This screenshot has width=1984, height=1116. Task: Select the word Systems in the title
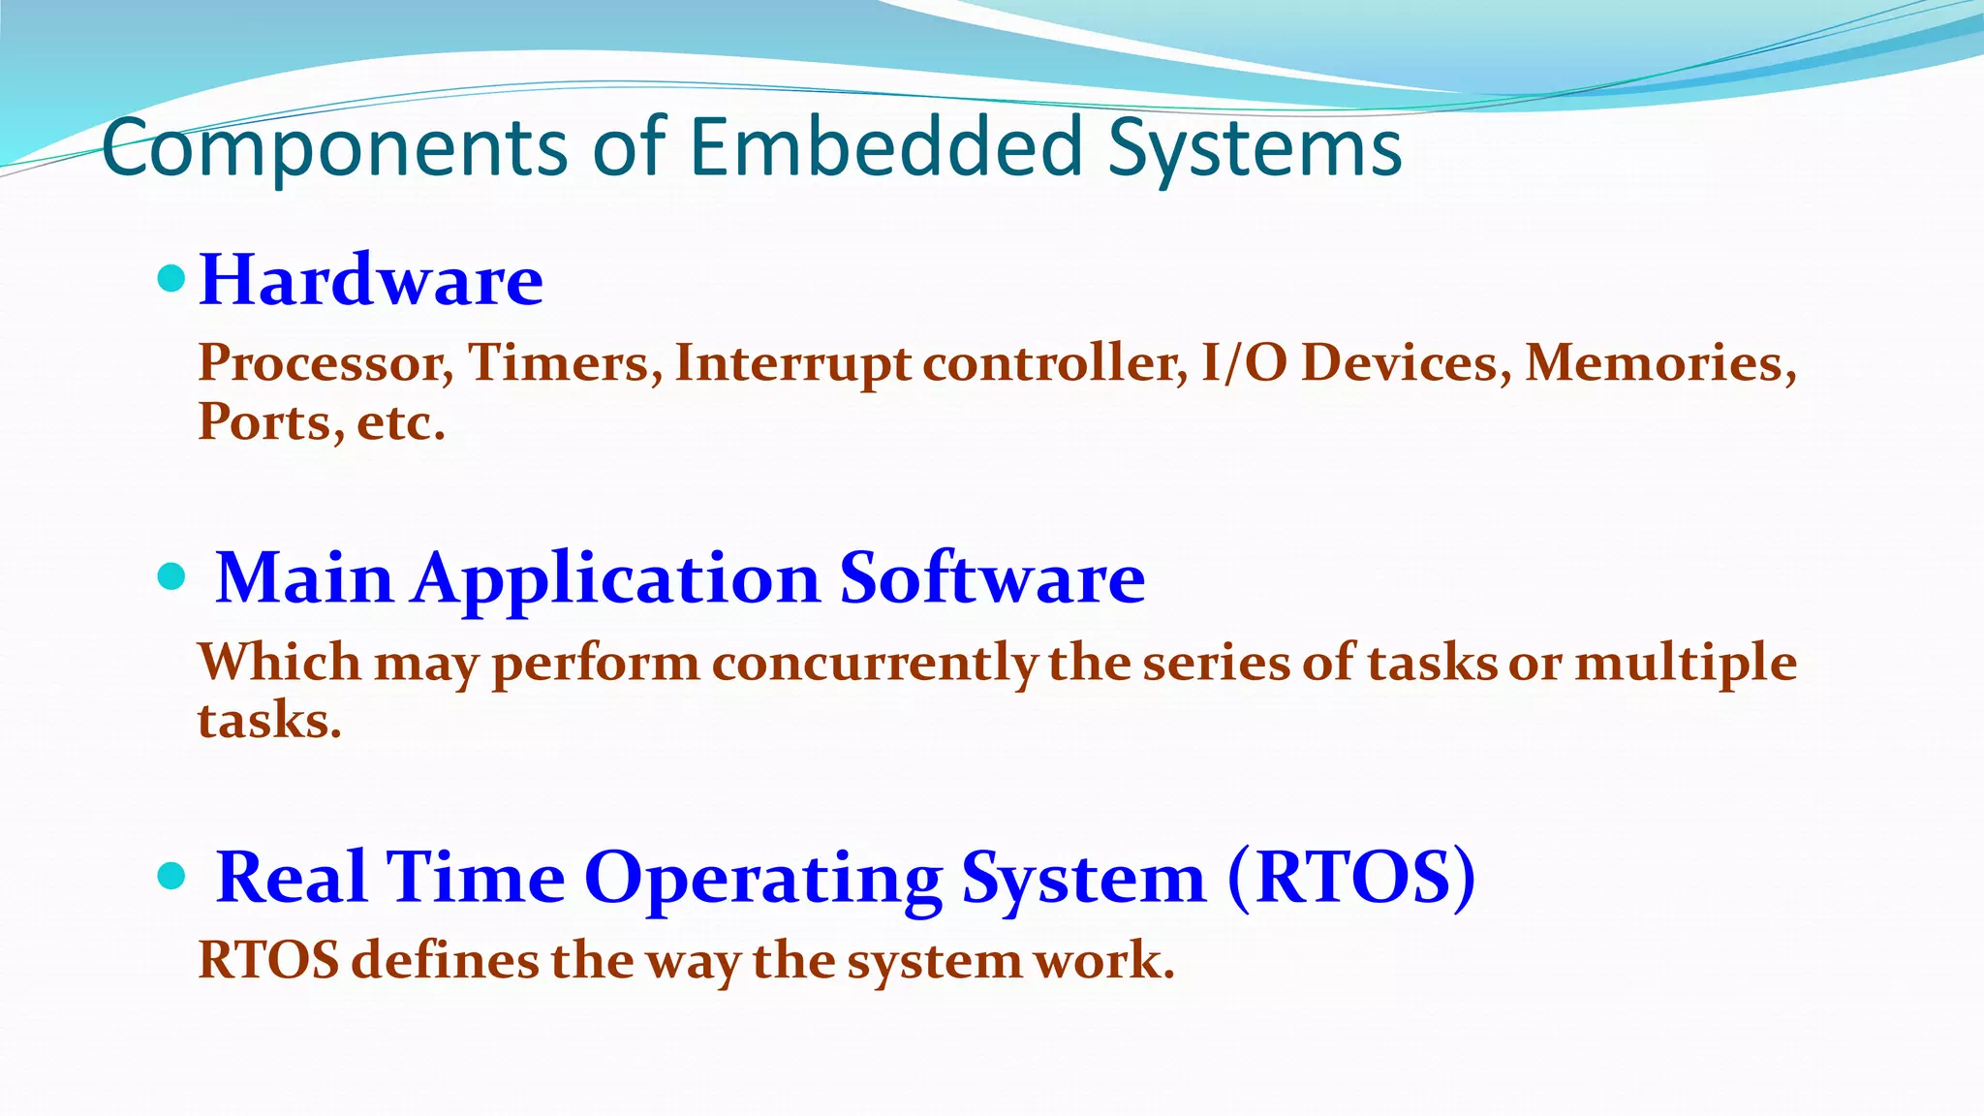(1255, 147)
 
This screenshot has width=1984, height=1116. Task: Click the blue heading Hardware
(371, 280)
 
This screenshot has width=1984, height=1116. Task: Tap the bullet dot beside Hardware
(171, 280)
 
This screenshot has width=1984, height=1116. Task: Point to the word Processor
(325, 364)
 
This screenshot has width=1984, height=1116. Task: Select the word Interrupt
(792, 364)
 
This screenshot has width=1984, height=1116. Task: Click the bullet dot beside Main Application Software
(171, 577)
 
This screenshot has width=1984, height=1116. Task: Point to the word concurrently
(875, 664)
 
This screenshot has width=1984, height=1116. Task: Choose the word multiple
(1686, 664)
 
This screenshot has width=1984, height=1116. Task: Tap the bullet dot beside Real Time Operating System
(171, 877)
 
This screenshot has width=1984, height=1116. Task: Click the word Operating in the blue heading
(762, 878)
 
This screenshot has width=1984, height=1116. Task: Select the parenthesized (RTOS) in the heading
(1351, 878)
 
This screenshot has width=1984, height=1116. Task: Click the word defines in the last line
(445, 961)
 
